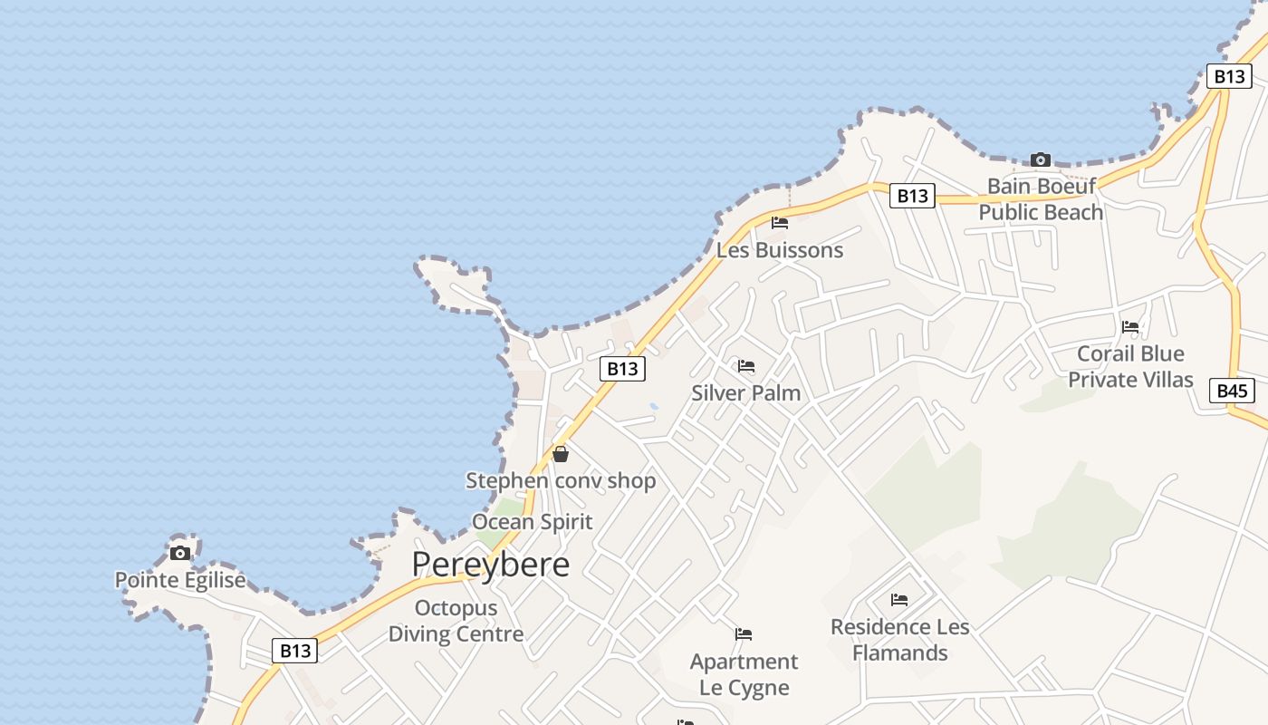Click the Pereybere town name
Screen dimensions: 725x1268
pyautogui.click(x=490, y=565)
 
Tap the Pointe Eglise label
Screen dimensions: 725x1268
pyautogui.click(x=180, y=580)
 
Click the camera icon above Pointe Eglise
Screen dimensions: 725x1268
pyautogui.click(x=180, y=553)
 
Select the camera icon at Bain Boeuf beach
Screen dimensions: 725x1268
pyautogui.click(x=1041, y=160)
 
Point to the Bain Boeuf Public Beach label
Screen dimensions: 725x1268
pyautogui.click(x=1041, y=199)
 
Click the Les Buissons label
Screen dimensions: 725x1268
pyautogui.click(x=780, y=250)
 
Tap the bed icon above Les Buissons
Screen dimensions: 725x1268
pyautogui.click(x=780, y=223)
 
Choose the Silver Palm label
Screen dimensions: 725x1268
pyautogui.click(x=745, y=393)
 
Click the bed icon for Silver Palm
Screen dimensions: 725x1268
pyautogui.click(x=746, y=366)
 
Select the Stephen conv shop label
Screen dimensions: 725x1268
pyautogui.click(x=561, y=480)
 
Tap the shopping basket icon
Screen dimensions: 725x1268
pyautogui.click(x=561, y=454)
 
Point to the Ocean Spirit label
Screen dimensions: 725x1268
pyautogui.click(x=533, y=522)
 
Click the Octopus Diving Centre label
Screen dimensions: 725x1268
pyautogui.click(x=456, y=621)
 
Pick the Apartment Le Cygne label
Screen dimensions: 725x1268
pyautogui.click(x=744, y=674)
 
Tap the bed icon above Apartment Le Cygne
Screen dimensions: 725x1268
pyautogui.click(x=744, y=634)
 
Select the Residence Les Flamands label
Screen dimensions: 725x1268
pyautogui.click(x=899, y=640)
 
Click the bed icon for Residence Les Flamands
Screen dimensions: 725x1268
pyautogui.click(x=899, y=600)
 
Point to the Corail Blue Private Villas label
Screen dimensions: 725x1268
pyautogui.click(x=1130, y=366)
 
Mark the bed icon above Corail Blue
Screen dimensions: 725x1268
pyautogui.click(x=1130, y=327)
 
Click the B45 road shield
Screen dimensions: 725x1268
pyautogui.click(x=1232, y=391)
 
